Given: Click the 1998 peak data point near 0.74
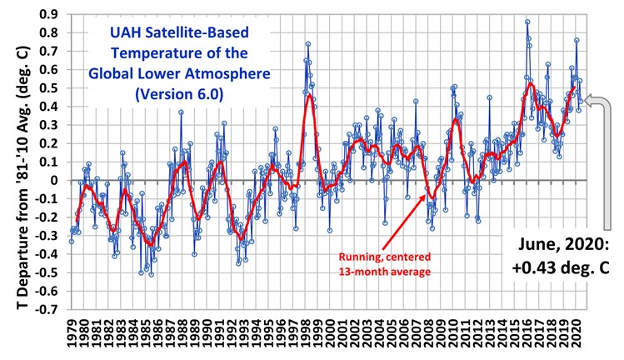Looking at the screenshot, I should coord(308,44).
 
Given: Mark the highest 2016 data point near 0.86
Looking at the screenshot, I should coord(527,22).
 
